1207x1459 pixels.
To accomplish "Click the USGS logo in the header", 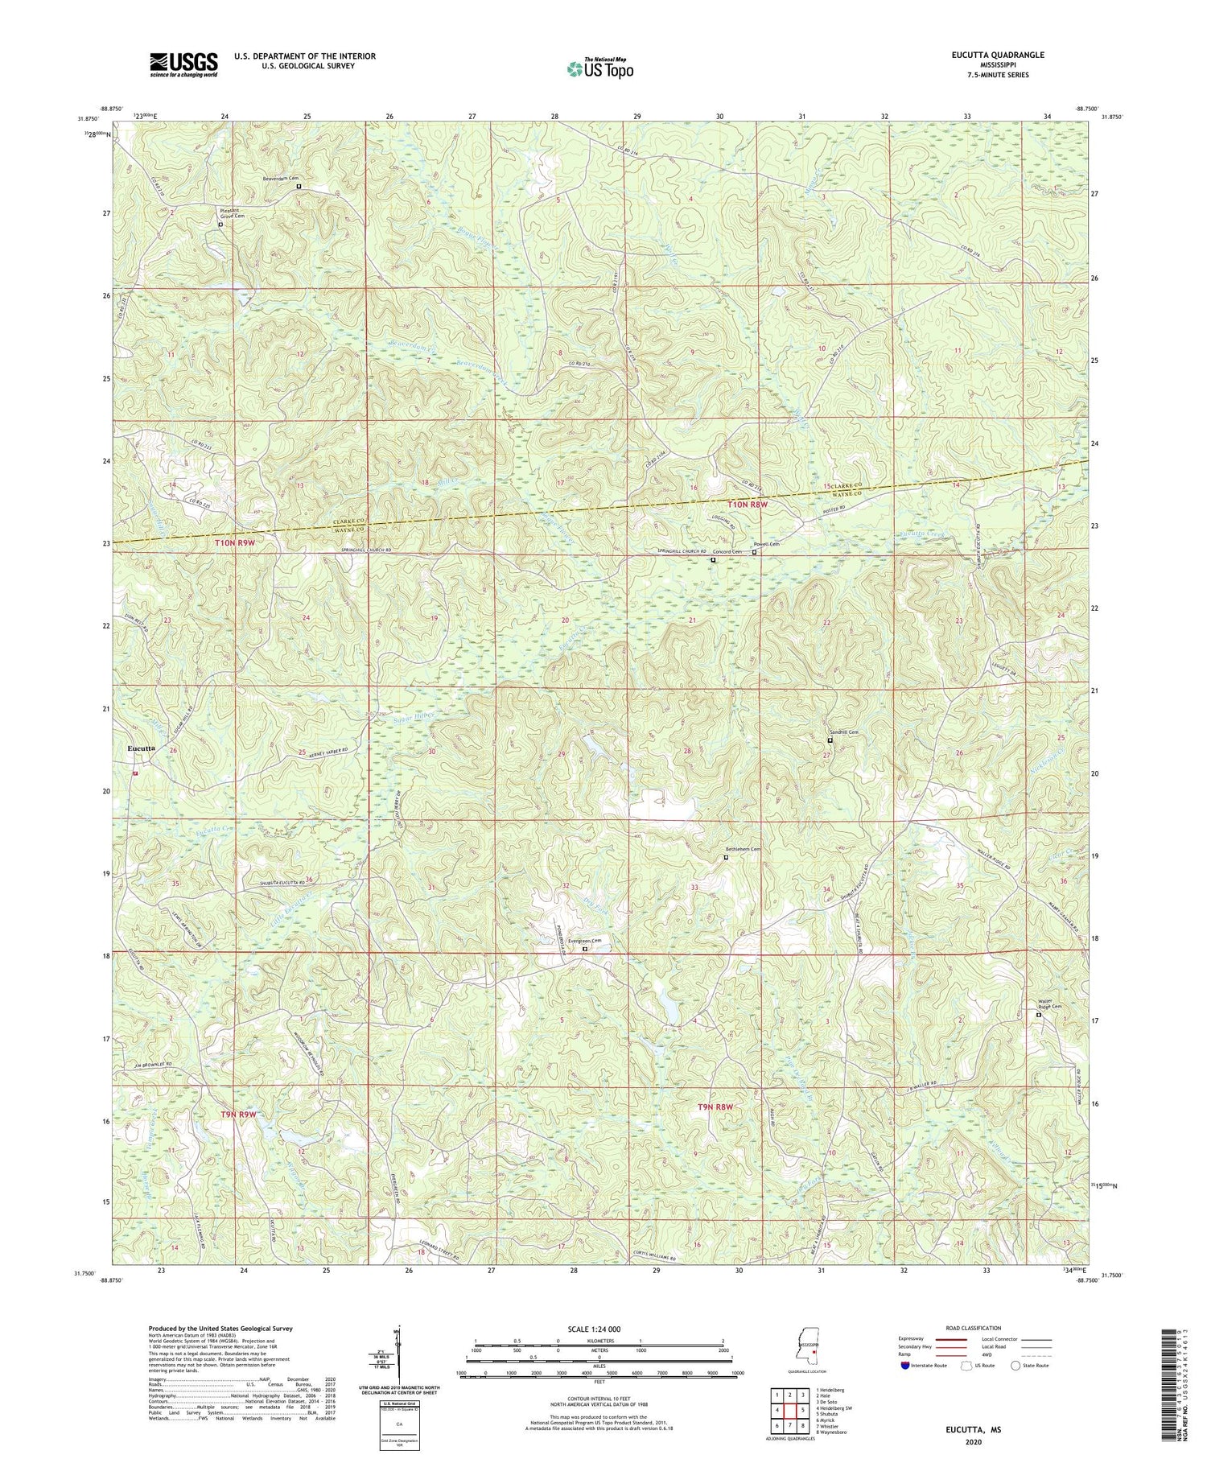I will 183,64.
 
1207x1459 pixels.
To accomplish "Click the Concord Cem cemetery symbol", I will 713,560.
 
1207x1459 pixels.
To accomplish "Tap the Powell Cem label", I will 767,544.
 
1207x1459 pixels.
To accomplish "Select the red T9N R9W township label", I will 238,1115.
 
